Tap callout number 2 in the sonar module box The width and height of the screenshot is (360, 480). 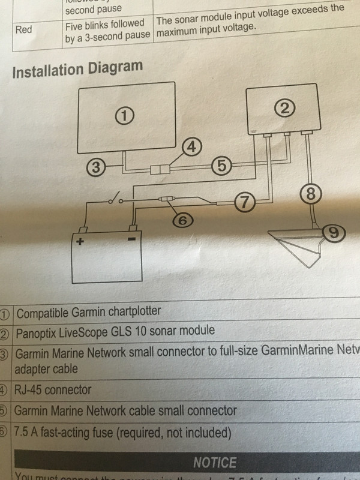pos(284,107)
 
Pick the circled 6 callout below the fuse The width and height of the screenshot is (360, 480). pos(184,221)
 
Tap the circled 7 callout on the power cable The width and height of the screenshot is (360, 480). pos(244,200)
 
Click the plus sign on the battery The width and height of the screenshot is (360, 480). pos(78,242)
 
